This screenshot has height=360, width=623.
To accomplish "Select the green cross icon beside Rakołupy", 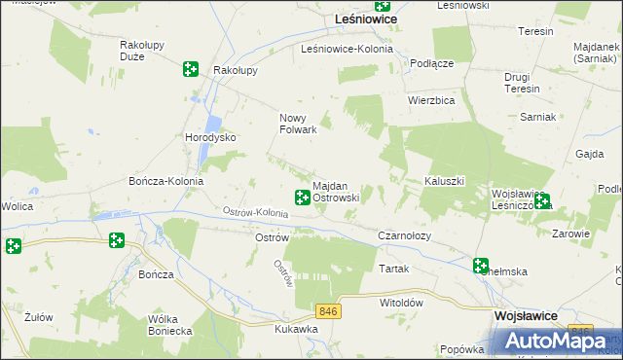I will pos(190,69).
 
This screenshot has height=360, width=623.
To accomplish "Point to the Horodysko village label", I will pos(210,137).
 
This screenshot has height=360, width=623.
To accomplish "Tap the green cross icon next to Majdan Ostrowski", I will pos(302,198).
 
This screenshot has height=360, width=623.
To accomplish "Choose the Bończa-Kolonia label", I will pos(165,182).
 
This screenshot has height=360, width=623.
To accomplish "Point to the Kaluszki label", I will pos(447,182).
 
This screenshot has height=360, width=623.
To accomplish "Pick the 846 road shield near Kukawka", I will pos(328,309).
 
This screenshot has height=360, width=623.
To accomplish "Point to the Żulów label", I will pos(39,317).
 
